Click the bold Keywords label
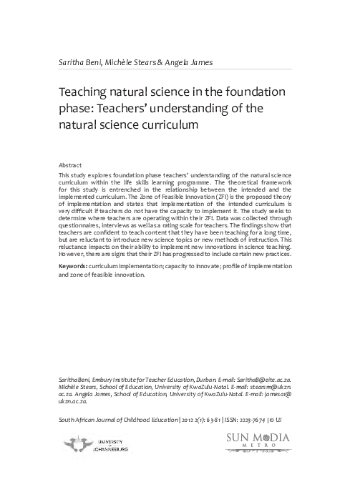point(77,246)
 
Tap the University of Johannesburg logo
point(93,446)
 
